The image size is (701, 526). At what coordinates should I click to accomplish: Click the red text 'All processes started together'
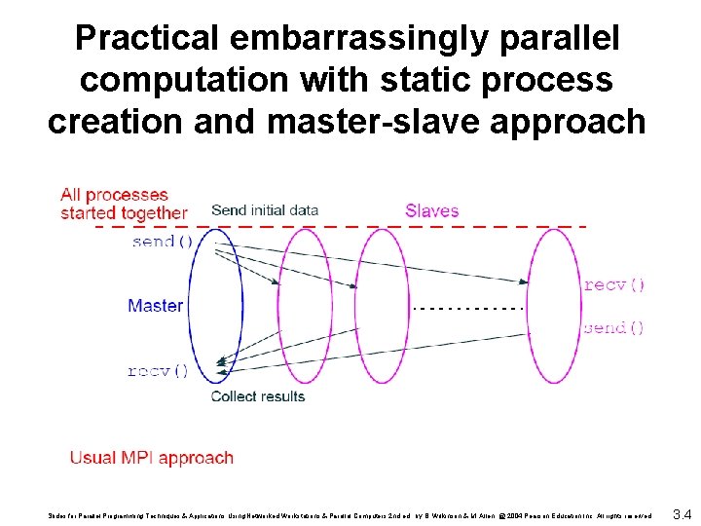click(123, 204)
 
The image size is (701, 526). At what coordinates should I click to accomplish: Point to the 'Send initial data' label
click(264, 210)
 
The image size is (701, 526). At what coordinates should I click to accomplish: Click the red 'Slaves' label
click(431, 210)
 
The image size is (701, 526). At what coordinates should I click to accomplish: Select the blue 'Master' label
click(155, 306)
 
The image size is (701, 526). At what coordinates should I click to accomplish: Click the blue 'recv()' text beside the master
click(158, 371)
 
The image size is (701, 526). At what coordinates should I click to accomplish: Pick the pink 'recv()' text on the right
click(613, 285)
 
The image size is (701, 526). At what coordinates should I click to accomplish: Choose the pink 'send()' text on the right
click(613, 328)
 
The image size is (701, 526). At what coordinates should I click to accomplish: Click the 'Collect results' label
click(258, 396)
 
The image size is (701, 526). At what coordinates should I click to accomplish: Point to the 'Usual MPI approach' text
click(151, 458)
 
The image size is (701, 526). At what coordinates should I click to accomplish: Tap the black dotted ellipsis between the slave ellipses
click(468, 308)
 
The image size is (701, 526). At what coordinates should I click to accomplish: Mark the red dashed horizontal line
click(341, 227)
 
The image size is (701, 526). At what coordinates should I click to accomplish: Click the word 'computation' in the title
click(176, 80)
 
